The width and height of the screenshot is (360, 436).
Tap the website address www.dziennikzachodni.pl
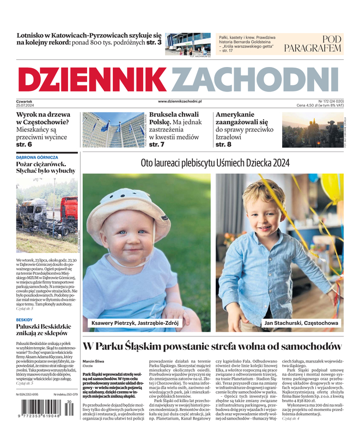click(x=180, y=101)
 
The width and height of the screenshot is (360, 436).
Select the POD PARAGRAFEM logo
click(x=312, y=44)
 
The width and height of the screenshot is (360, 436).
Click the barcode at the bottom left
click(x=45, y=415)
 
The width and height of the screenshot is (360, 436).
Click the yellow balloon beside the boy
click(x=332, y=188)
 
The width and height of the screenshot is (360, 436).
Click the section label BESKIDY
click(x=25, y=320)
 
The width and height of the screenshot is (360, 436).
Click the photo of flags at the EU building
click(x=113, y=130)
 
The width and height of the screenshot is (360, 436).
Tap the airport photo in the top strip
click(x=187, y=44)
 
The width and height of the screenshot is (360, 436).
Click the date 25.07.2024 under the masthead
click(x=25, y=105)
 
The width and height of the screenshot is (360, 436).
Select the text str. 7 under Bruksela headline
click(x=157, y=145)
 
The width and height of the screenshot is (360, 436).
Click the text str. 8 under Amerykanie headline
click(x=223, y=145)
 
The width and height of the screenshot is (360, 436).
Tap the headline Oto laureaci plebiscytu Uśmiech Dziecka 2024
click(x=215, y=163)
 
